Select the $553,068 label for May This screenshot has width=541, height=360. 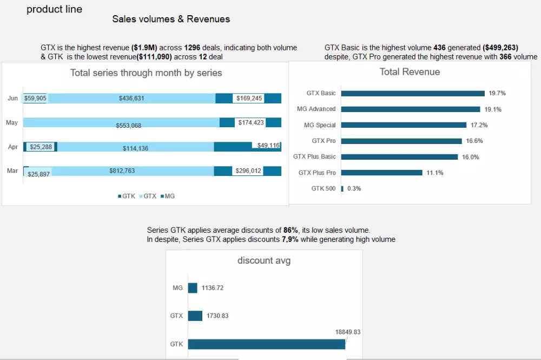(x=129, y=126)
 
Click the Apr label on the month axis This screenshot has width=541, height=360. (x=13, y=147)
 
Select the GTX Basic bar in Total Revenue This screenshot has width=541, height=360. (x=413, y=93)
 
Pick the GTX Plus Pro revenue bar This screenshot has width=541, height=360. (x=382, y=173)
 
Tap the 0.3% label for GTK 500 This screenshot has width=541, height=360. (x=354, y=189)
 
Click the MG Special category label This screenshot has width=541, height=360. (x=320, y=125)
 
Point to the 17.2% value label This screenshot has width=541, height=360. (x=479, y=125)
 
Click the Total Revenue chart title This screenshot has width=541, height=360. (x=410, y=72)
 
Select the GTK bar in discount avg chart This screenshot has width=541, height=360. (x=266, y=344)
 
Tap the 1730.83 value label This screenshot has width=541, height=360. (x=219, y=316)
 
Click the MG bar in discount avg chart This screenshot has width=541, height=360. (x=193, y=288)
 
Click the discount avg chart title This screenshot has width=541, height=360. (x=264, y=260)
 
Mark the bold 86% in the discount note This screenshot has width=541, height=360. (x=291, y=230)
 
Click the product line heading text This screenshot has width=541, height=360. (x=54, y=9)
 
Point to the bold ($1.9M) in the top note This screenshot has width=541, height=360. (x=144, y=48)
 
